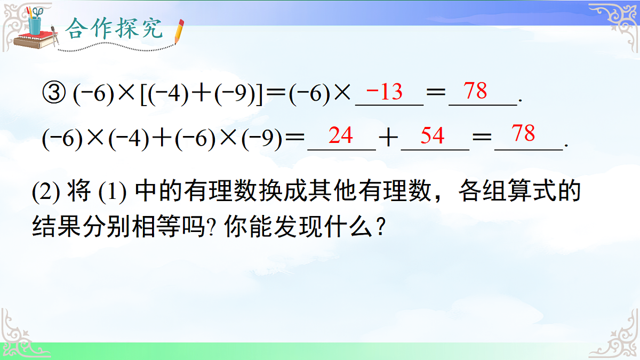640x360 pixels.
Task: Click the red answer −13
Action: click(x=385, y=92)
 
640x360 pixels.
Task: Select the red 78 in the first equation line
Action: click(x=475, y=91)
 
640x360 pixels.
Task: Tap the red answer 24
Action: click(x=341, y=136)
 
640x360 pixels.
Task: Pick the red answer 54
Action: click(x=432, y=136)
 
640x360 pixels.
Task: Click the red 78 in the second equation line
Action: click(x=523, y=134)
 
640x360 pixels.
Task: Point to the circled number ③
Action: click(x=53, y=96)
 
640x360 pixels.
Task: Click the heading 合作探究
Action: click(x=114, y=30)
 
